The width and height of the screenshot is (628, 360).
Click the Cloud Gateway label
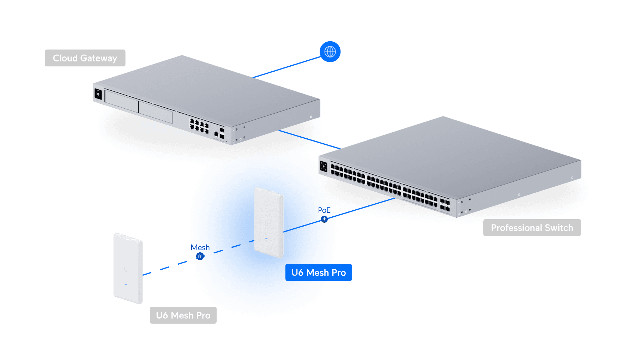pyautogui.click(x=85, y=58)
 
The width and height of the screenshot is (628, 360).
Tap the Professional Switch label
pyautogui.click(x=532, y=228)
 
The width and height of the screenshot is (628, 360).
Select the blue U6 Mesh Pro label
pyautogui.click(x=319, y=272)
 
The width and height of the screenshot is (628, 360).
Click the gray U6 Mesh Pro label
pyautogui.click(x=183, y=315)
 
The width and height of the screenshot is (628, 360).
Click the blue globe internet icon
pyautogui.click(x=330, y=52)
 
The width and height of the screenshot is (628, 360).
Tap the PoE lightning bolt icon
pyautogui.click(x=324, y=219)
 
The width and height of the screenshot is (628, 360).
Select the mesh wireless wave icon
pyautogui.click(x=200, y=256)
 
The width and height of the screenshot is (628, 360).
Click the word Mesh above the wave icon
pyautogui.click(x=200, y=247)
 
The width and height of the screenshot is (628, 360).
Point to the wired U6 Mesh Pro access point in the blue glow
pyautogui.click(x=269, y=222)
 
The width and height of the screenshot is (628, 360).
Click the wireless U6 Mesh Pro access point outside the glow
pyautogui.click(x=128, y=268)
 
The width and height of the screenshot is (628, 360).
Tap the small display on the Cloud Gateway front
pyautogui.click(x=98, y=94)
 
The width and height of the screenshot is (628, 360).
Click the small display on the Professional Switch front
pyautogui.click(x=324, y=167)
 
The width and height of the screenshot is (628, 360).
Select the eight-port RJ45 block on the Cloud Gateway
pyautogui.click(x=199, y=126)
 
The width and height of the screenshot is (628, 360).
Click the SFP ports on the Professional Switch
pyautogui.click(x=445, y=205)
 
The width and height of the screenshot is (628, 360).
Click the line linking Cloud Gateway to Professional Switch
pyautogui.click(x=309, y=139)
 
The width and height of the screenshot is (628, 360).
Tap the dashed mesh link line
pyautogui.click(x=165, y=268)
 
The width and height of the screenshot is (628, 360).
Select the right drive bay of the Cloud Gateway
pyautogui.click(x=156, y=111)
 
